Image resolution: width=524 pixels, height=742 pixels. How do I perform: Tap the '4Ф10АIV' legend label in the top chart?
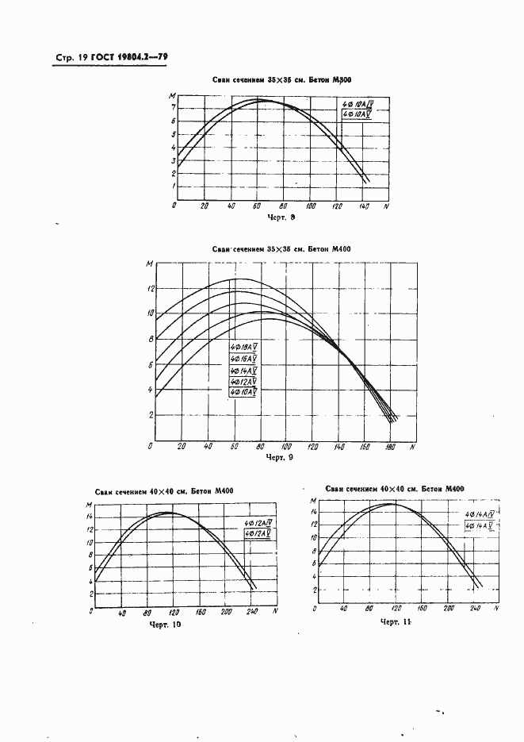pos(357,105)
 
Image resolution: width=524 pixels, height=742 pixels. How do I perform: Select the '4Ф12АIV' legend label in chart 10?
pos(258,522)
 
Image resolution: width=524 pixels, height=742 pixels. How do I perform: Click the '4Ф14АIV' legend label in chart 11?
pos(480,515)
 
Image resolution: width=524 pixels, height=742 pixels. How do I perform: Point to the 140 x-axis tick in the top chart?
pos(363,206)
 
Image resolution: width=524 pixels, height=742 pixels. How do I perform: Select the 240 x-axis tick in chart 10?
pos(252,613)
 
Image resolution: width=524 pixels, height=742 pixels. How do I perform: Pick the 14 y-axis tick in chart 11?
pos(314,513)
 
